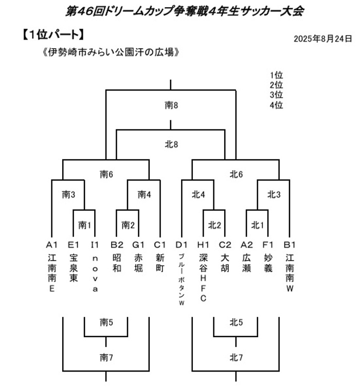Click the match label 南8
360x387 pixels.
pos(171,105)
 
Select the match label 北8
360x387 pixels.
pos(171,144)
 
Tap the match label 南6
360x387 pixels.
pos(106,175)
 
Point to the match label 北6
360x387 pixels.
pos(236,175)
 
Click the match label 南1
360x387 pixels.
pos(85,225)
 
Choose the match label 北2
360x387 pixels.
pos(214,225)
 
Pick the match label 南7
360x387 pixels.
pos(106,357)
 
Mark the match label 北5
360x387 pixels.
pos(236,322)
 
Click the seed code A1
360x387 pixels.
pos(51,245)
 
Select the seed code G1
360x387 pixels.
pos(138,245)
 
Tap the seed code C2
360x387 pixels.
pos(225,245)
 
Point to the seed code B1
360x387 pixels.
pos(290,245)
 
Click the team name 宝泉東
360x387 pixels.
pos(74,268)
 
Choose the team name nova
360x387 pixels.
pos(95,273)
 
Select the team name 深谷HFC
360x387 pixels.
pos(203,278)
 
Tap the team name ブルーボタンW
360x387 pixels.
pos(182,280)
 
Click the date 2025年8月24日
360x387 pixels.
pos(323,39)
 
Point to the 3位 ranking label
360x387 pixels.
pos(276,95)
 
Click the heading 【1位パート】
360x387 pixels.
pos(53,34)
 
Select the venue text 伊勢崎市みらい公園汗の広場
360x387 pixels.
pos(111,52)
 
